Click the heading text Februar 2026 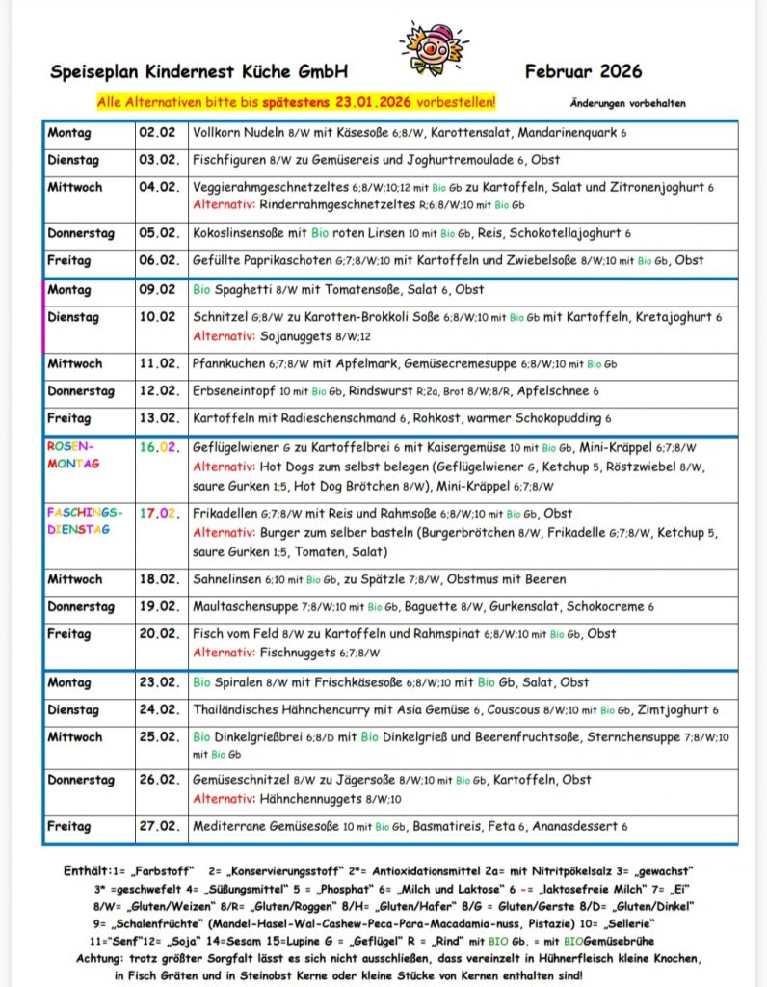pos(583,71)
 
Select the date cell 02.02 pos(157,133)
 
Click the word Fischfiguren pos(231,160)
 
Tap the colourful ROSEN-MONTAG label pos(73,456)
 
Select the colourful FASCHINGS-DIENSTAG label pos(85,520)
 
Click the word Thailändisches pos(245,709)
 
